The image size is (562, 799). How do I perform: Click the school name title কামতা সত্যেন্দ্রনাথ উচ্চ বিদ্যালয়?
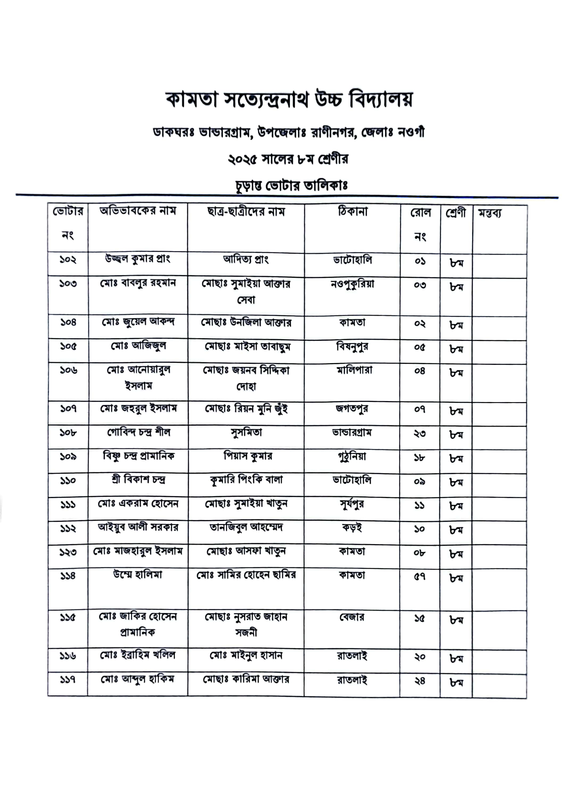click(x=289, y=100)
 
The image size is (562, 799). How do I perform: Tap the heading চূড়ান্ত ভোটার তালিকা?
click(x=291, y=185)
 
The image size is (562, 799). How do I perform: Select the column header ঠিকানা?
click(x=353, y=211)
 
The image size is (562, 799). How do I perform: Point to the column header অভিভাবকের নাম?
click(x=138, y=211)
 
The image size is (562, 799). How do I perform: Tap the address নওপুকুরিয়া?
click(x=352, y=284)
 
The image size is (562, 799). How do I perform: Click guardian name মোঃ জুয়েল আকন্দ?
click(x=138, y=322)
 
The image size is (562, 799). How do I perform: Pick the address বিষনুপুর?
click(x=352, y=346)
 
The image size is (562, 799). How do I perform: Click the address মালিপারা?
click(x=354, y=370)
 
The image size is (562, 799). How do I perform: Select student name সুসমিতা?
click(x=246, y=433)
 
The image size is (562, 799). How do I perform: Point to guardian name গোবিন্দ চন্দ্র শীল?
click(x=138, y=433)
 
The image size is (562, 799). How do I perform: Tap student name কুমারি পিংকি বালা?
click(x=246, y=480)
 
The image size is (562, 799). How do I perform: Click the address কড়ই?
click(x=352, y=528)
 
